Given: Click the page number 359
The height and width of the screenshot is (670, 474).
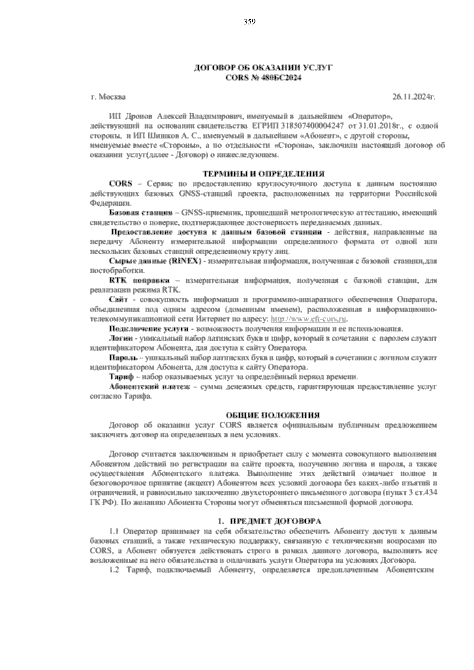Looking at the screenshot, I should pos(249,22).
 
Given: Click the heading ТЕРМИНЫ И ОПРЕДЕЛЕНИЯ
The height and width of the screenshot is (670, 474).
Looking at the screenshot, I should pos(263,174).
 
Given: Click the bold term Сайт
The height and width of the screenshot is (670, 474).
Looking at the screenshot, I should pos(117,300).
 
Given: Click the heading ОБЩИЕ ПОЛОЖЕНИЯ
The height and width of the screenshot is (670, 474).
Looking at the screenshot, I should pos(272,415).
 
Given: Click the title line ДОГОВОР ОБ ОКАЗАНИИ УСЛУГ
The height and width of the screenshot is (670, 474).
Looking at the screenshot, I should pos(263,69).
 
